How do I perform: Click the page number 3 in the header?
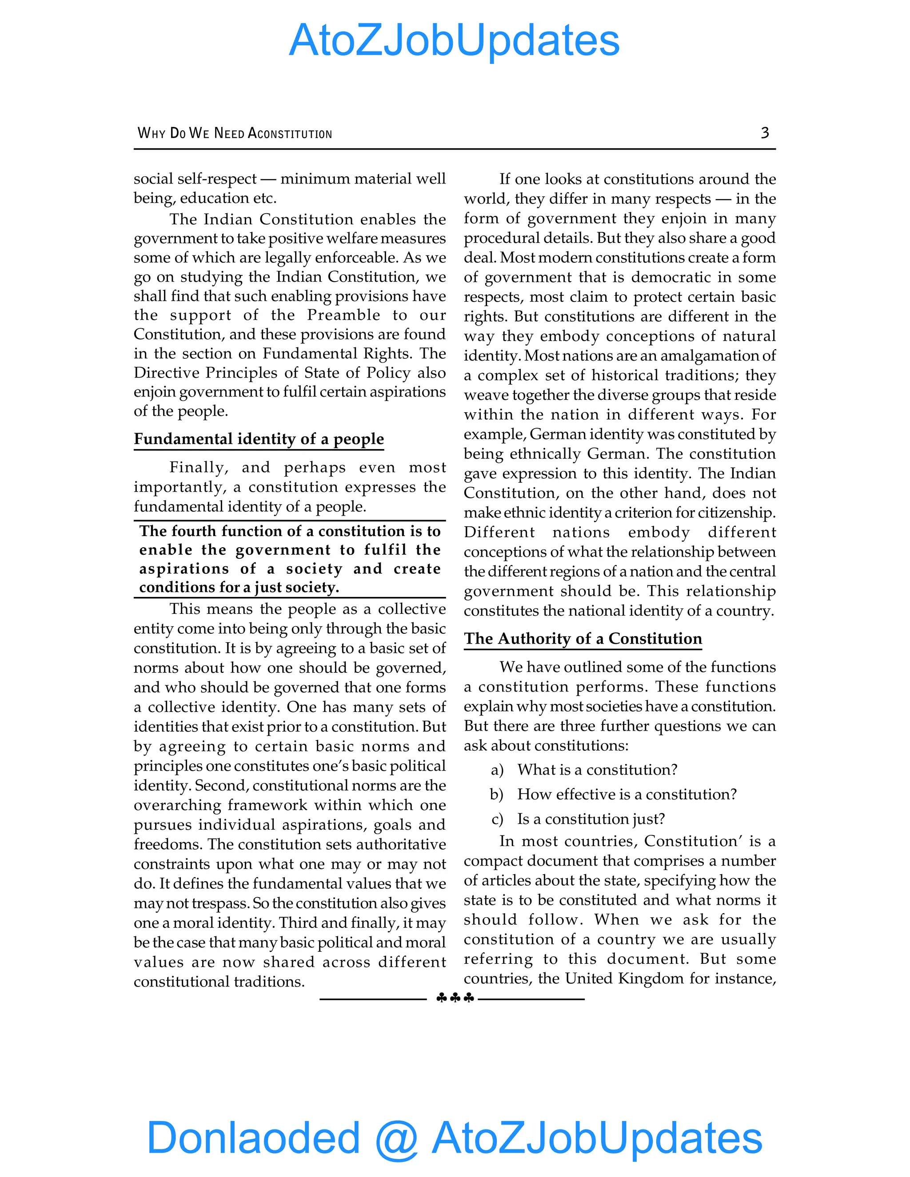pyautogui.click(x=764, y=132)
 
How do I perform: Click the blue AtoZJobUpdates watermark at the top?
pyautogui.click(x=454, y=40)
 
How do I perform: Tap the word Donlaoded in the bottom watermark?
pyautogui.click(x=253, y=1137)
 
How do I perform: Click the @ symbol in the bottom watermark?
pyautogui.click(x=397, y=1138)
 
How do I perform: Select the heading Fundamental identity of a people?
pyautogui.click(x=259, y=439)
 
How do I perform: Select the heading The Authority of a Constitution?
pyautogui.click(x=583, y=639)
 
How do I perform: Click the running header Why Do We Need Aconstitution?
pyautogui.click(x=235, y=133)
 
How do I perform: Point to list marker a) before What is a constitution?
pyautogui.click(x=497, y=770)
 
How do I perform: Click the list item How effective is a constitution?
pyautogui.click(x=627, y=795)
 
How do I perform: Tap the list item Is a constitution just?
pyautogui.click(x=591, y=819)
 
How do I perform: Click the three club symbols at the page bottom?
pyautogui.click(x=455, y=998)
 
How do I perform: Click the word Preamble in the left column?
pyautogui.click(x=343, y=315)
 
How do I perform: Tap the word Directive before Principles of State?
pyautogui.click(x=167, y=373)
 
